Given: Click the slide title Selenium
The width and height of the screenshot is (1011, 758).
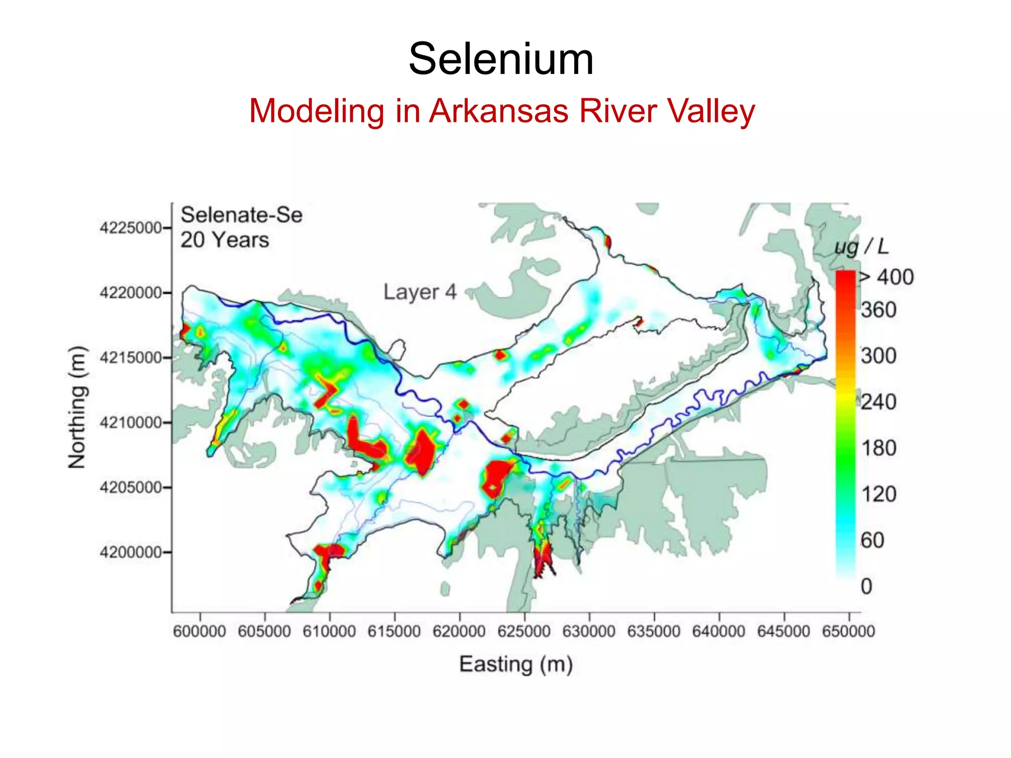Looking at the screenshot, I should point(501,59).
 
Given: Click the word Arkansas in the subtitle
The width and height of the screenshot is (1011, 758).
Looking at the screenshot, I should point(499,111).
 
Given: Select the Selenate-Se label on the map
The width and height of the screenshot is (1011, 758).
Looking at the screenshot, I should point(241,215).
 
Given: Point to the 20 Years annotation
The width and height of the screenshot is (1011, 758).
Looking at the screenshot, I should point(225,240).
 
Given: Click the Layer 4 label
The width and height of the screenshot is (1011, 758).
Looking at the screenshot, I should point(420,292).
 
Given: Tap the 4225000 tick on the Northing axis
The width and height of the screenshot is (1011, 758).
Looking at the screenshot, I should point(131,228).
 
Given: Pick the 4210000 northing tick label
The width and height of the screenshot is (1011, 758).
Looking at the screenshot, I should point(131,422).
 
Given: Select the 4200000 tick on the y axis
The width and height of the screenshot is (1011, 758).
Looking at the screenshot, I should point(131,552).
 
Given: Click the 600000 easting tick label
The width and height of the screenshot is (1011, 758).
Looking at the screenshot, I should point(199,631).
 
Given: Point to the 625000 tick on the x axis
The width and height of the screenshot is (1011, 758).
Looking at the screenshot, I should point(524,631).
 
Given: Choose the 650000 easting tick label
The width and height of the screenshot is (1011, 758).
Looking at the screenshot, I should point(848,631).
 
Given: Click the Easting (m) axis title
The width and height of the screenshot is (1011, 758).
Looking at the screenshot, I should point(516,664).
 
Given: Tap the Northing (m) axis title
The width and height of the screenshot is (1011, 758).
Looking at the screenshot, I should point(77,407).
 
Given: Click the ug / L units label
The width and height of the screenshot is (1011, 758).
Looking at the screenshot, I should point(861,247).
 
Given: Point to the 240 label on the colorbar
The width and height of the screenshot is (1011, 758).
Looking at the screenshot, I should point(879,402).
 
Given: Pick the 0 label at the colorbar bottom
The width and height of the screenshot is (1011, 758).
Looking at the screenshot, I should point(866,586).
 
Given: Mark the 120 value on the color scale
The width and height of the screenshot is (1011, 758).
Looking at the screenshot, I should point(879,494).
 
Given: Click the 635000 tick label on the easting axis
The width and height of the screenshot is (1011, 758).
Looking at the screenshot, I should point(654,631).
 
